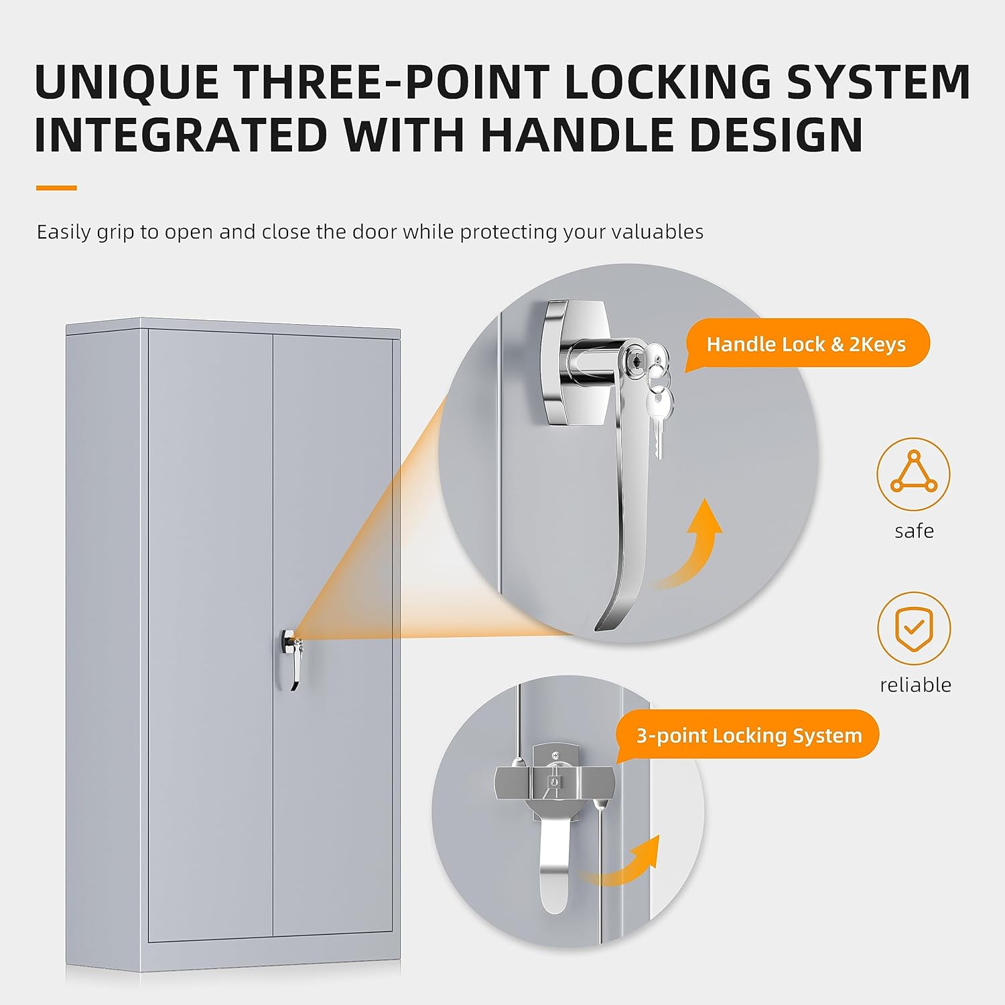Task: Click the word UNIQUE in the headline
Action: [127, 82]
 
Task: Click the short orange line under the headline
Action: [56, 188]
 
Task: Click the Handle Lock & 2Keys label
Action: [806, 344]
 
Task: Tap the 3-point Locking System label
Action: [748, 736]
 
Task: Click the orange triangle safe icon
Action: [913, 474]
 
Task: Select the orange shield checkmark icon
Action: [914, 628]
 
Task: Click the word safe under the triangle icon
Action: [914, 531]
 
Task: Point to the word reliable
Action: [915, 685]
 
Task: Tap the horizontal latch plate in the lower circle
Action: [554, 782]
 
